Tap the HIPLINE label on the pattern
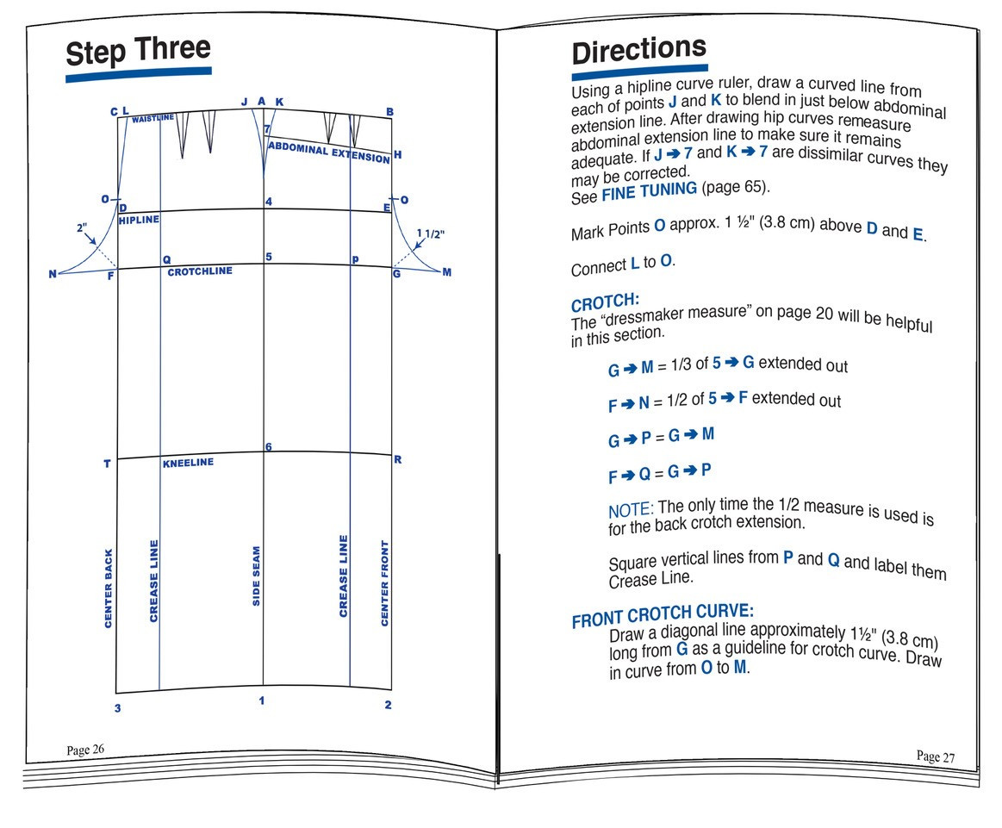139,221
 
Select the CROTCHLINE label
200,271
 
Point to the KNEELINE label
188,464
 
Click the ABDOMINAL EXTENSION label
328,153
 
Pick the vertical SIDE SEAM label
257,576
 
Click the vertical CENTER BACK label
109,588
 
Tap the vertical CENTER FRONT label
385,583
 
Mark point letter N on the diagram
53,274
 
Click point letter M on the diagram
446,273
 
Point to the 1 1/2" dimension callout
431,233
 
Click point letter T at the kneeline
107,464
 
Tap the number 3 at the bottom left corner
118,709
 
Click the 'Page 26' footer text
85,750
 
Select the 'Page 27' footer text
936,756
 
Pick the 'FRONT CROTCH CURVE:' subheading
663,615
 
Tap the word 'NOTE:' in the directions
631,510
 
